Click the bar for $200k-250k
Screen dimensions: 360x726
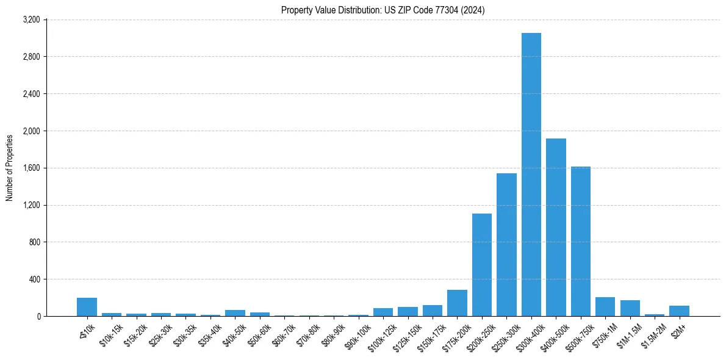[481, 265]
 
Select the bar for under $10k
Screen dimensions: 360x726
[87, 307]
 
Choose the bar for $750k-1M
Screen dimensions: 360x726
[605, 307]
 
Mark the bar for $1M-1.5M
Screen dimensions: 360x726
[630, 308]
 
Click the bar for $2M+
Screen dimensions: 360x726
[679, 311]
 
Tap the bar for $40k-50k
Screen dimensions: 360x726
[235, 313]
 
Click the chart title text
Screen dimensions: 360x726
[383, 10]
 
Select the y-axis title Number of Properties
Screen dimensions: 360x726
[10, 168]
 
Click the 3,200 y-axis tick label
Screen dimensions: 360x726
[31, 20]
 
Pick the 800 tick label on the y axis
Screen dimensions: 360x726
[34, 242]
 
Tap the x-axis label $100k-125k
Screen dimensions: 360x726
[380, 336]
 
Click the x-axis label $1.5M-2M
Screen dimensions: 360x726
[653, 336]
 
